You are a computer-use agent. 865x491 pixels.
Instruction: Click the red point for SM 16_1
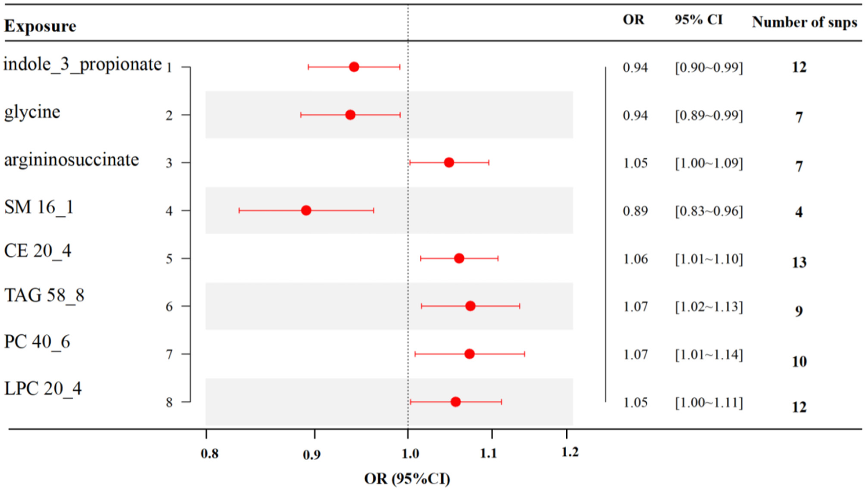[306, 210]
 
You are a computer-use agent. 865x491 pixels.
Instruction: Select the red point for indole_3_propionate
[354, 67]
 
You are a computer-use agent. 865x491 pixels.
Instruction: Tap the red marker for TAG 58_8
[470, 306]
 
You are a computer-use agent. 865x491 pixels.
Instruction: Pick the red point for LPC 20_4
[455, 402]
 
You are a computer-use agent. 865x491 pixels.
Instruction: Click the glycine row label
[32, 112]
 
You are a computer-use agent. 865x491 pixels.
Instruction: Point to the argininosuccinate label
[71, 160]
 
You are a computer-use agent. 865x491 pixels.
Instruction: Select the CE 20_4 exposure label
[38, 251]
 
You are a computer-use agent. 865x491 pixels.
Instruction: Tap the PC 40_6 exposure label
[37, 342]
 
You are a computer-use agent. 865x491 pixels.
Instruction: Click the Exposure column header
[40, 26]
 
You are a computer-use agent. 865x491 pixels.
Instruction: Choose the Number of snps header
[804, 22]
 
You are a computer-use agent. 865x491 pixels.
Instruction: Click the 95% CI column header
[698, 20]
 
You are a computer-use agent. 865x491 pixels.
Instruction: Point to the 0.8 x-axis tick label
[209, 454]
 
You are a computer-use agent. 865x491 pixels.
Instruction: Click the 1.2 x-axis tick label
[570, 452]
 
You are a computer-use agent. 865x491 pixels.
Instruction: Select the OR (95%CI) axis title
[407, 479]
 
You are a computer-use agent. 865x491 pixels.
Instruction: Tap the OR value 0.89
[635, 211]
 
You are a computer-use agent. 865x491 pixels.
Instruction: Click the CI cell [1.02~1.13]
[709, 307]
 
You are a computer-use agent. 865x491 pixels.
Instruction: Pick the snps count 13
[799, 263]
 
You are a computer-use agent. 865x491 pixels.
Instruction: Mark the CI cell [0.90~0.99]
[709, 67]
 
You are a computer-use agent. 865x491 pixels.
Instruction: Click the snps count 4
[799, 212]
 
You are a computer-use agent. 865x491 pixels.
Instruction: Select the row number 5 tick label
[169, 259]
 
